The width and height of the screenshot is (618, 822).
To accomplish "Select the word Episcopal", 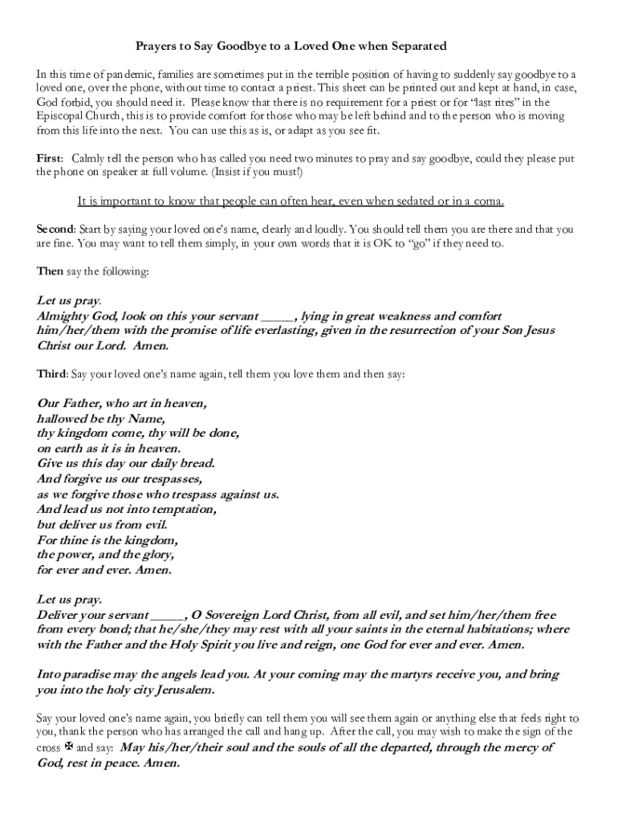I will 61,116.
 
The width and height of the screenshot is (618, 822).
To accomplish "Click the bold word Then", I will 50,271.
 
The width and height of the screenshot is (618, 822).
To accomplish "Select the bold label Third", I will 51,374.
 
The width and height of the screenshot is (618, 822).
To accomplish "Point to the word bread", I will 196,463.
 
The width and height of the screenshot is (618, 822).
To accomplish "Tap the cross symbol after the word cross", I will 68,747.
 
